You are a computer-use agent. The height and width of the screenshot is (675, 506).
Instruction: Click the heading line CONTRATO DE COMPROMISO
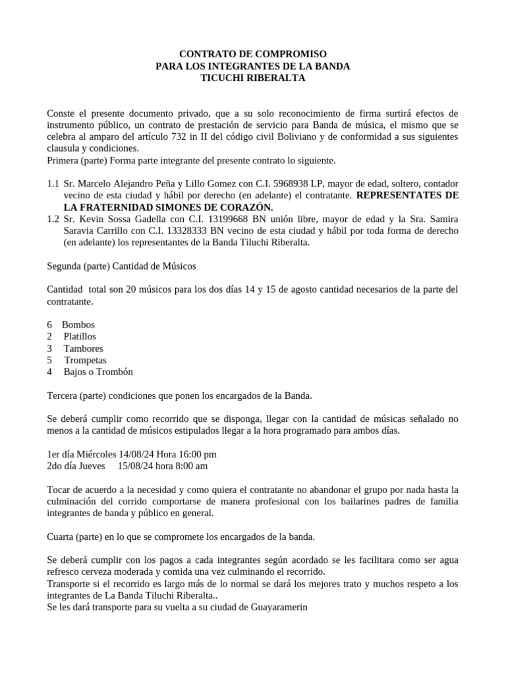pos(253,53)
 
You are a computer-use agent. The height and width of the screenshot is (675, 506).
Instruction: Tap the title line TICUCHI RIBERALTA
pos(253,78)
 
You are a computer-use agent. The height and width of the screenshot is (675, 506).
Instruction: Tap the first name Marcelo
pos(95,183)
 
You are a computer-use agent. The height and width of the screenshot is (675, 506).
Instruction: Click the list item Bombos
pos(78,324)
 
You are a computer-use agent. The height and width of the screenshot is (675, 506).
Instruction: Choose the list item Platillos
pos(80,336)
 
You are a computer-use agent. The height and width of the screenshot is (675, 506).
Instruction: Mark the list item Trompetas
pos(85,360)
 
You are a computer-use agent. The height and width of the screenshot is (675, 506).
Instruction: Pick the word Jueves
pos(89,466)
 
